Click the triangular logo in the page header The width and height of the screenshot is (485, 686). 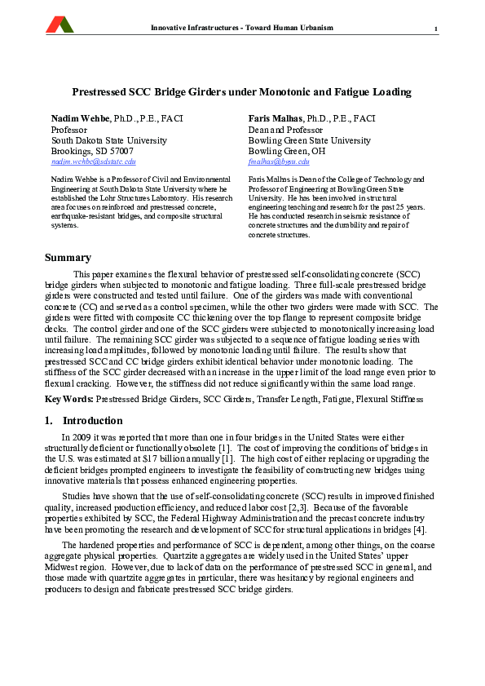click(x=60, y=25)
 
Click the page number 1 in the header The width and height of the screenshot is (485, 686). click(x=436, y=30)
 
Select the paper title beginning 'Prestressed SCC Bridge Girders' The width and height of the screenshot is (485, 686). click(x=241, y=93)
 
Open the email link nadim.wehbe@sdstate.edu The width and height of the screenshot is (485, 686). click(x=93, y=162)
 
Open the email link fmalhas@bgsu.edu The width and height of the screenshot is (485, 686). click(x=279, y=162)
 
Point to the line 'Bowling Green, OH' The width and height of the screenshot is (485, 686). click(x=287, y=152)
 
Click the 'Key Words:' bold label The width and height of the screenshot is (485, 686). click(x=68, y=400)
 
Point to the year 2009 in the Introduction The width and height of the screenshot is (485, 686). click(x=80, y=438)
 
